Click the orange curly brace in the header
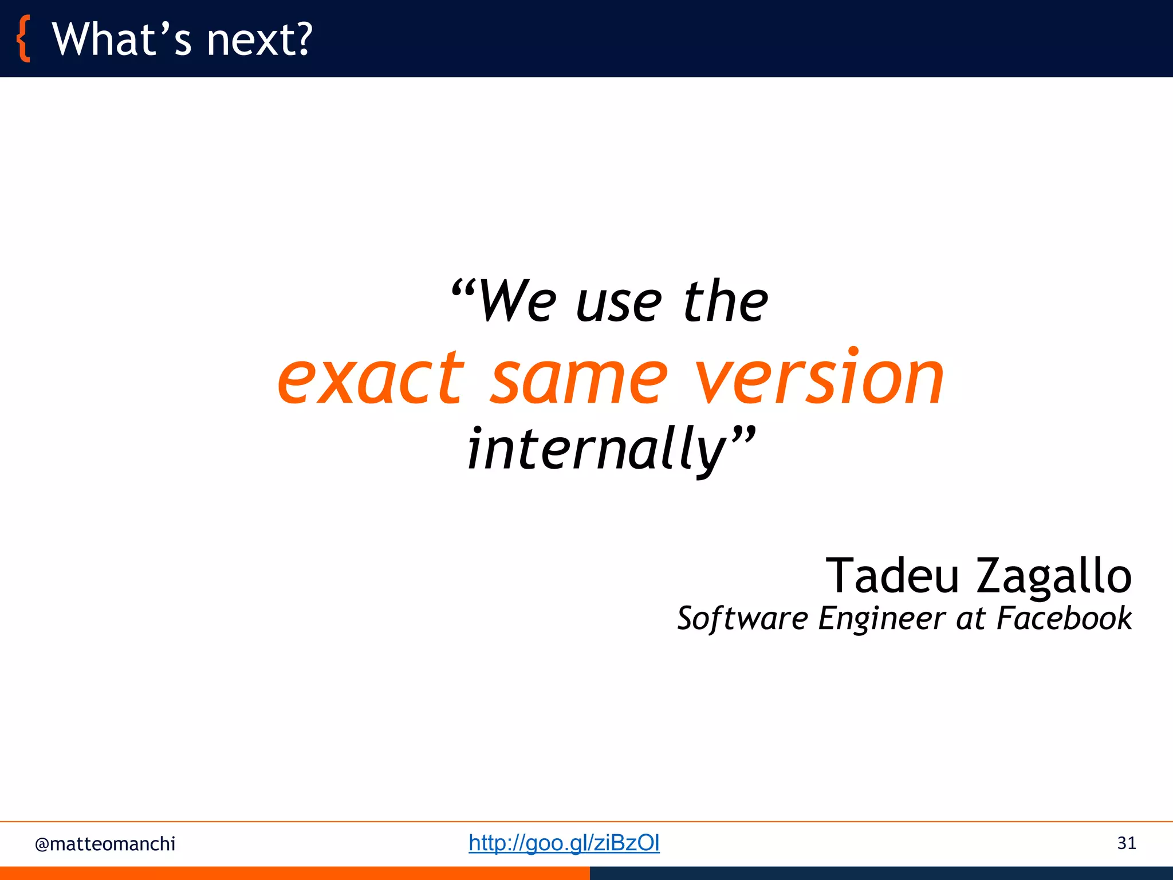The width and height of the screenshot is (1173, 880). (x=23, y=39)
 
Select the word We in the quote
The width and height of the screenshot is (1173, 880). (x=517, y=302)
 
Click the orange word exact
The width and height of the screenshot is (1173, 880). (x=371, y=379)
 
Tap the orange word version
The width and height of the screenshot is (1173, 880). (x=819, y=378)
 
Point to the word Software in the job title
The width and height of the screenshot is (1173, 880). (x=742, y=619)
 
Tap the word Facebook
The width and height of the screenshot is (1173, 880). (x=1064, y=618)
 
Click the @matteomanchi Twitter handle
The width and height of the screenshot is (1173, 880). (x=105, y=844)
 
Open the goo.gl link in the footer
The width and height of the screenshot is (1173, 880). (x=564, y=843)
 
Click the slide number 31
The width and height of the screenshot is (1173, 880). (x=1126, y=843)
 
